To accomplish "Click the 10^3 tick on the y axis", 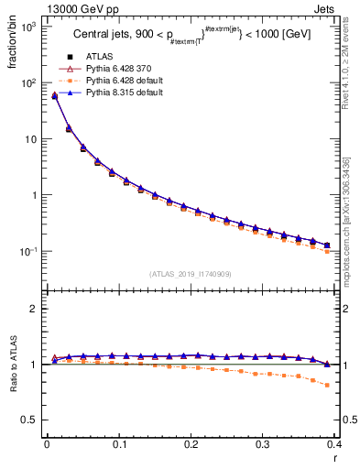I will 29,27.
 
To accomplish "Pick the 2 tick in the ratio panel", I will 33,309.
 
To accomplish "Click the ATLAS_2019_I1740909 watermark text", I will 191,274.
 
